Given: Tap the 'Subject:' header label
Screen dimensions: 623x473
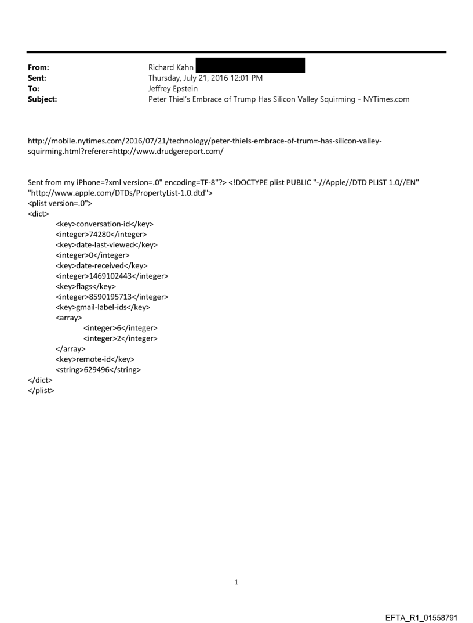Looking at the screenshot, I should click(x=41, y=99).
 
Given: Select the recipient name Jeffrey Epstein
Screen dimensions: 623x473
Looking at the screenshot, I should click(x=173, y=88).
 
